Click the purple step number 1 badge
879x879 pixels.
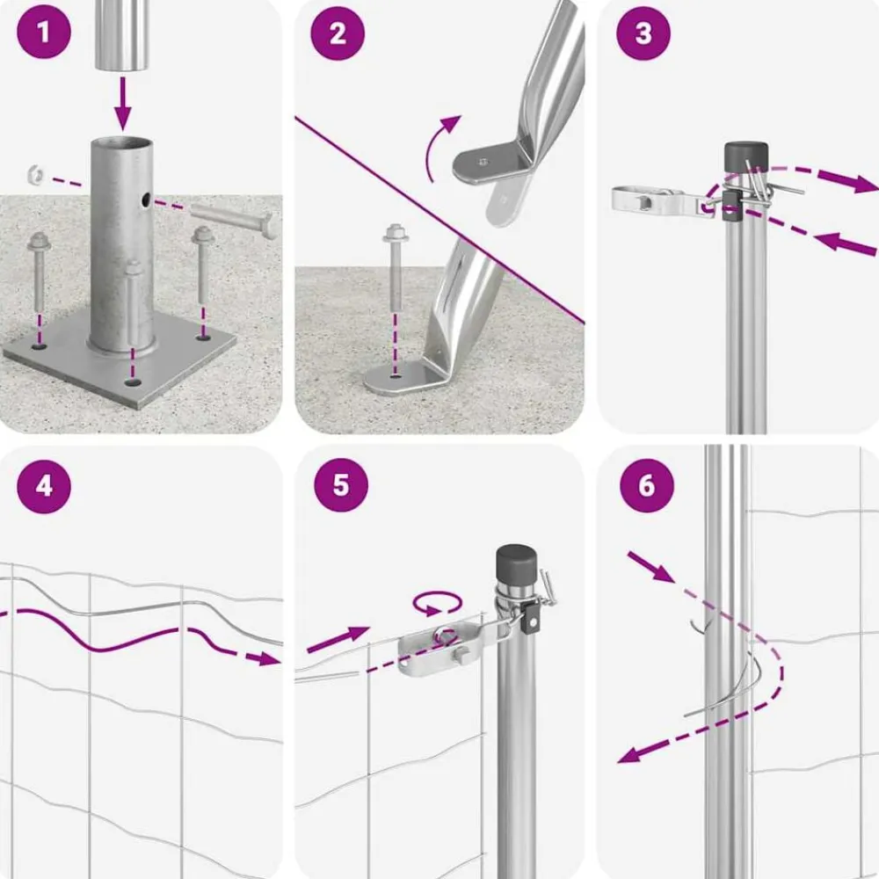(44, 32)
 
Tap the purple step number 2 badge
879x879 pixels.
(338, 33)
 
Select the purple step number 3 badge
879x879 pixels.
(643, 33)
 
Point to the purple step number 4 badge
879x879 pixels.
(44, 486)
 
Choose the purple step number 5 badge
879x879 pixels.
(341, 485)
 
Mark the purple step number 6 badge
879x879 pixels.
(646, 485)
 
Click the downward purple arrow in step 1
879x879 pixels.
(123, 105)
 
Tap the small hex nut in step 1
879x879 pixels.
(36, 175)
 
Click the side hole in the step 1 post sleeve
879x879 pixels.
(146, 199)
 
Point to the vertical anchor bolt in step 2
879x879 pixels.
(395, 268)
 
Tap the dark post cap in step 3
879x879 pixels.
(746, 156)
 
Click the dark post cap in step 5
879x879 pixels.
(516, 563)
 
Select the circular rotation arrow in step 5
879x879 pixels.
(438, 604)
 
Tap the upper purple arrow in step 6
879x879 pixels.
(650, 567)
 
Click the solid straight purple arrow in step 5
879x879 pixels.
(338, 640)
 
